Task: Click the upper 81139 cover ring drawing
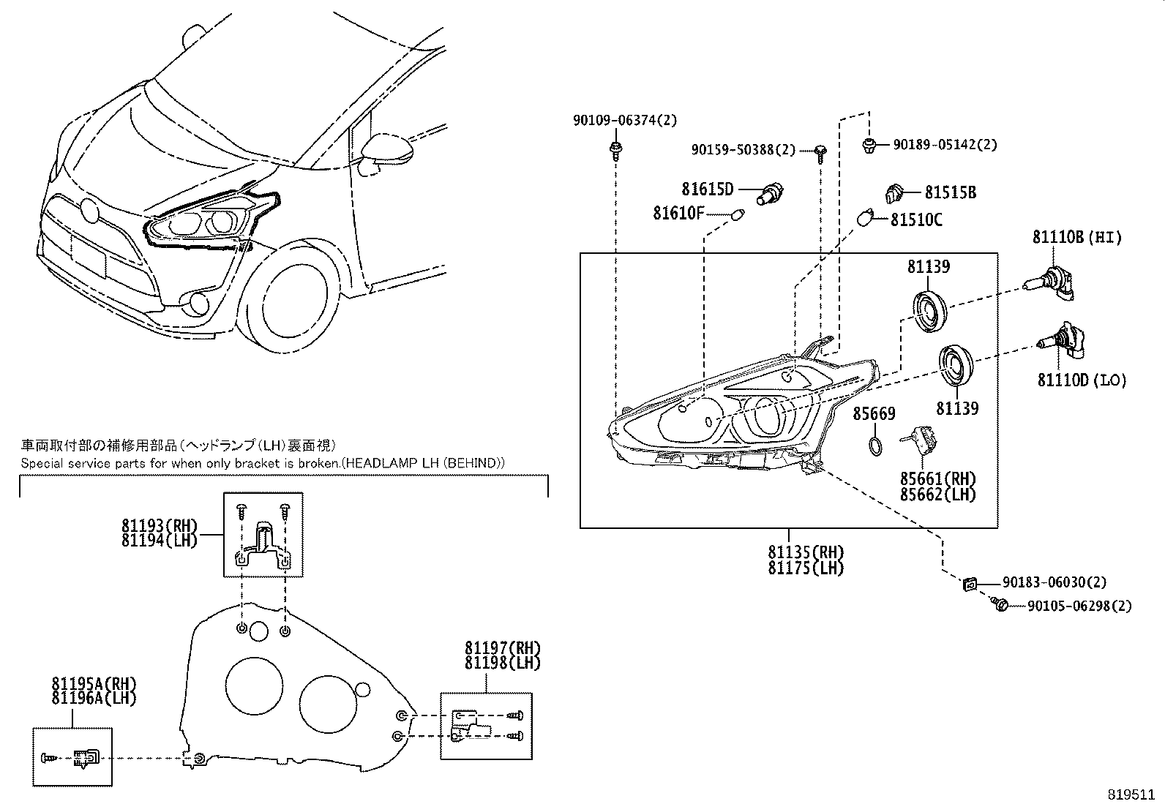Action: [x=931, y=312]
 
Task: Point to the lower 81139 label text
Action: [x=956, y=408]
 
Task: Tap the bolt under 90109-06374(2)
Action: [x=615, y=151]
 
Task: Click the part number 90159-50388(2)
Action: [x=743, y=150]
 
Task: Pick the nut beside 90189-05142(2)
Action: [x=869, y=144]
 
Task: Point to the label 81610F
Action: [x=678, y=214]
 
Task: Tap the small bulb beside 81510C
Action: [x=866, y=218]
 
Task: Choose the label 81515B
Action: [x=950, y=193]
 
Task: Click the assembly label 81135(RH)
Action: [x=806, y=552]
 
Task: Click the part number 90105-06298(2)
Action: [x=1079, y=606]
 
